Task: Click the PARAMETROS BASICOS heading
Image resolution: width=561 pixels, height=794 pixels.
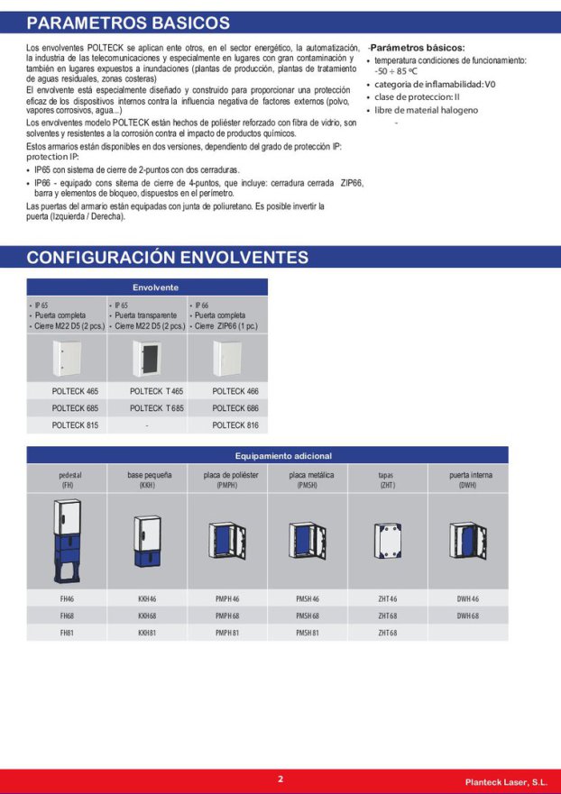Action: click(x=128, y=23)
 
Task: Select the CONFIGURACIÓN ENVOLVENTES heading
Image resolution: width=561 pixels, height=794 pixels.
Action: click(x=167, y=258)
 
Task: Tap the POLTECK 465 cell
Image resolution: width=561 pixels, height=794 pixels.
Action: click(x=75, y=391)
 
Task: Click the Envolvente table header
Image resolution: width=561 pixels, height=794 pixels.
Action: click(x=147, y=287)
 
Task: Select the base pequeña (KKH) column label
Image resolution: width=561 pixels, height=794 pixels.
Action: click(x=147, y=479)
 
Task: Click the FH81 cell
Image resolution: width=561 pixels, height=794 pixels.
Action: click(x=67, y=633)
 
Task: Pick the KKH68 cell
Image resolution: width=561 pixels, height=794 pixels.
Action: click(x=147, y=616)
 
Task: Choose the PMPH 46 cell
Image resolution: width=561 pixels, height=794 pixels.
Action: click(x=227, y=598)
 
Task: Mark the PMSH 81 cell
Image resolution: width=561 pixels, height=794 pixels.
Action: click(x=308, y=633)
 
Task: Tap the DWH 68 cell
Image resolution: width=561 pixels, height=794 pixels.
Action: click(x=467, y=616)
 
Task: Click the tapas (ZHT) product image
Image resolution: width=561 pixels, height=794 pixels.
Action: click(x=388, y=541)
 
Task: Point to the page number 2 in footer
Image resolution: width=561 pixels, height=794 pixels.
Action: click(x=280, y=780)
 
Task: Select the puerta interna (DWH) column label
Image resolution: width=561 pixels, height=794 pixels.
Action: click(x=467, y=479)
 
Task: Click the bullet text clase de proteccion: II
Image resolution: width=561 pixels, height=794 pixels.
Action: click(x=417, y=97)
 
